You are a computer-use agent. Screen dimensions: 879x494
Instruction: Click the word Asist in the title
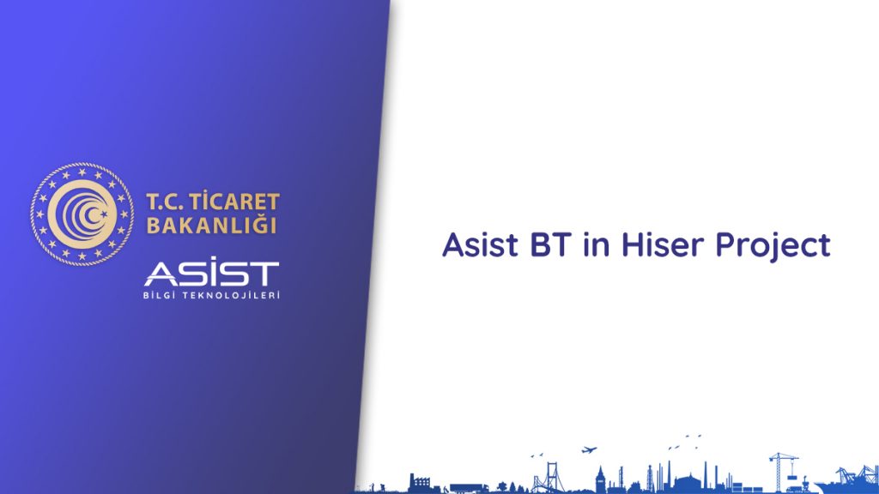pos(481,244)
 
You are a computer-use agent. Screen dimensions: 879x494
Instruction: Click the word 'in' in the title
pos(596,244)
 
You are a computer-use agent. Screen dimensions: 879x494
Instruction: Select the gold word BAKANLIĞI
pos(212,226)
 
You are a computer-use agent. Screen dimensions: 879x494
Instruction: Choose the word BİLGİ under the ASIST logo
pos(159,295)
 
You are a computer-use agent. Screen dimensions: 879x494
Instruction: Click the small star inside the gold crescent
pos(103,213)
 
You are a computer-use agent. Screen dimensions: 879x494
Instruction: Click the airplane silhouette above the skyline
pos(589,449)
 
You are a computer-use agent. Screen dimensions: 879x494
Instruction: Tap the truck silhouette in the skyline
pos(461,487)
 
